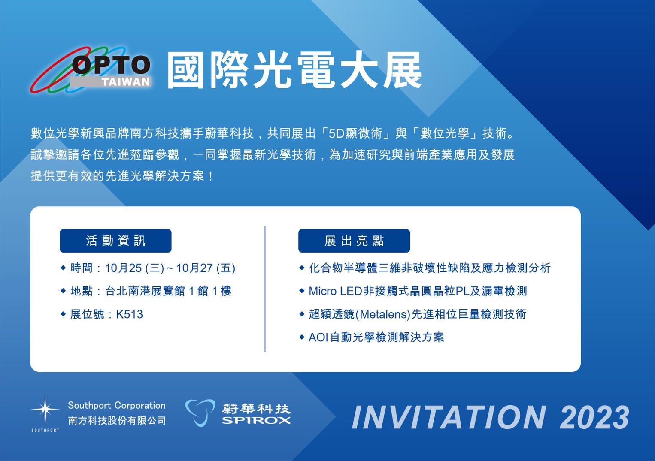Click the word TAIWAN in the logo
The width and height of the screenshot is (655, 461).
pos(126,82)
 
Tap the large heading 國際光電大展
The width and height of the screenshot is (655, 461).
pos(294,70)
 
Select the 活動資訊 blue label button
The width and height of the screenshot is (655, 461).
pos(115,241)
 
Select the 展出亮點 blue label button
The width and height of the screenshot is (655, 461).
pos(354,241)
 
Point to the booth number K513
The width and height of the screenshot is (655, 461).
pos(129,314)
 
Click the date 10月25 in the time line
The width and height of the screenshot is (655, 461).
pos(123,268)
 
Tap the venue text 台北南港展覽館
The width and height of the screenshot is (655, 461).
pos(145,291)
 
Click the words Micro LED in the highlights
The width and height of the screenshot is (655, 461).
pos(335,291)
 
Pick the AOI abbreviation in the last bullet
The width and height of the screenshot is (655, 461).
pos(318,337)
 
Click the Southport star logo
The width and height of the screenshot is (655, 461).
pos(45,410)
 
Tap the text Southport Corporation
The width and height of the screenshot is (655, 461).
pos(117,406)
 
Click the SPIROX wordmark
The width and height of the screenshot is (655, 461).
pos(256,421)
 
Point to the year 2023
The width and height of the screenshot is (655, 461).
pos(594,417)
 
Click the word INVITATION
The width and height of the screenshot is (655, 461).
pos(449,417)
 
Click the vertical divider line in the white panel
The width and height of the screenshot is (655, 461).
pos(265,289)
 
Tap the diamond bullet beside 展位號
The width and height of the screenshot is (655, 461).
pos(63,314)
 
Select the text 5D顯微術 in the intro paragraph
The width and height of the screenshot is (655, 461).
pos(355,133)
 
